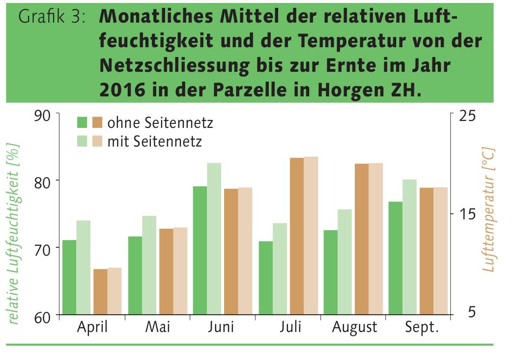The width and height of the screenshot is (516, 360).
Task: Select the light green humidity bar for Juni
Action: pyautogui.click(x=214, y=239)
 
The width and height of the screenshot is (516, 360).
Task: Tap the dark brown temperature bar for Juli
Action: pyautogui.click(x=296, y=236)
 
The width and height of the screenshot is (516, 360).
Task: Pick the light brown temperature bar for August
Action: pyautogui.click(x=375, y=239)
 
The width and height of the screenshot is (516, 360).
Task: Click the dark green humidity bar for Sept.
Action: pyautogui.click(x=395, y=258)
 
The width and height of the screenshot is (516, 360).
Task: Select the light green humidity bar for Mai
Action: pyautogui.click(x=149, y=265)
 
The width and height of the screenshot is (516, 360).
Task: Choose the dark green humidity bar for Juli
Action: pyautogui.click(x=265, y=277)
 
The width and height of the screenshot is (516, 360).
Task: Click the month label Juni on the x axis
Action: pyautogui.click(x=221, y=327)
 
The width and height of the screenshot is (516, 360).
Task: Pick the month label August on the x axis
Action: pyautogui.click(x=354, y=327)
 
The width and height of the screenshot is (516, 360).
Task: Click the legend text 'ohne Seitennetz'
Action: pyautogui.click(x=160, y=122)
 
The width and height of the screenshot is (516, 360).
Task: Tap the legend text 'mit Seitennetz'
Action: pyautogui.click(x=154, y=142)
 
